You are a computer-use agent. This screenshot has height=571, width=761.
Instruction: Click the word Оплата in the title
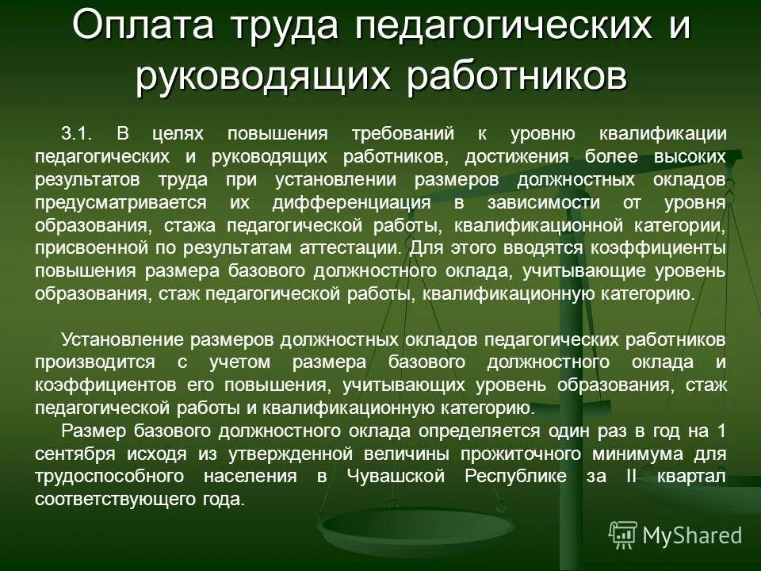tap(140, 28)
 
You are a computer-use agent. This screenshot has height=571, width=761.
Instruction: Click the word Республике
tap(514, 477)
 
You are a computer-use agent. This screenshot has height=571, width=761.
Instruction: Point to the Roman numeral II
tap(628, 477)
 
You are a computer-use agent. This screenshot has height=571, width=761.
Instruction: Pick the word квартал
tap(691, 477)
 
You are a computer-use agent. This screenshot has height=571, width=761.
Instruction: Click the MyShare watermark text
tap(691, 535)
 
